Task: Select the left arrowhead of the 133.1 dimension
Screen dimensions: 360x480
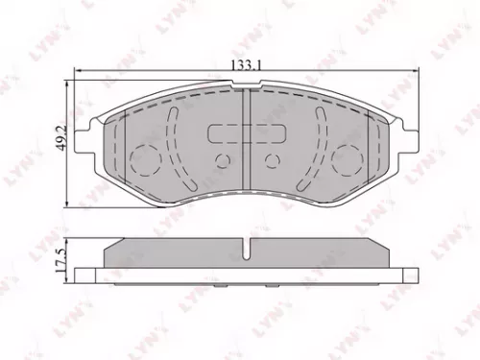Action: point(76,69)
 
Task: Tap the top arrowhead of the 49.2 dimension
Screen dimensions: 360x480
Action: point(65,82)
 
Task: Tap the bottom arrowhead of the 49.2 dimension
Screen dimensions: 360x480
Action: point(65,203)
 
